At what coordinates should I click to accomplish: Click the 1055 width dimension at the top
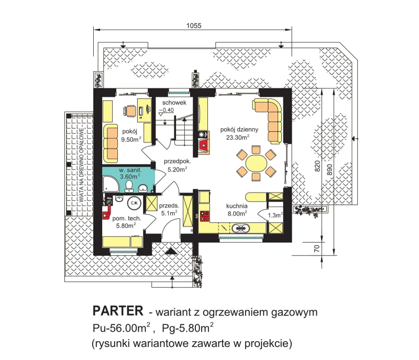click(x=194, y=26)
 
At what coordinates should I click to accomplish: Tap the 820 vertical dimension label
click(x=317, y=166)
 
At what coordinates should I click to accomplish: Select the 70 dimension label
click(x=317, y=249)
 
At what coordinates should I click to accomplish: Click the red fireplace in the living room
click(x=204, y=145)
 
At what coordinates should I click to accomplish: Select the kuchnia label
click(x=237, y=206)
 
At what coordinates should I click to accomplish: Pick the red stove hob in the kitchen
click(x=205, y=216)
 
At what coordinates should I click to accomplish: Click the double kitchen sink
click(x=241, y=228)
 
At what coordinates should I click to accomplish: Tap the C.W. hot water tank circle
click(x=134, y=203)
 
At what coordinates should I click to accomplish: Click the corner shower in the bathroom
click(x=111, y=184)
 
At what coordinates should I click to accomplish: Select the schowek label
click(x=174, y=103)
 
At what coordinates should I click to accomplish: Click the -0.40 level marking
click(x=166, y=110)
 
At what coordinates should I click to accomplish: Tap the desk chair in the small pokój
click(x=130, y=111)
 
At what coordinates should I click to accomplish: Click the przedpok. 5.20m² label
click(x=177, y=165)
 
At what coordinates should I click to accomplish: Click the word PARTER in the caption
click(x=118, y=311)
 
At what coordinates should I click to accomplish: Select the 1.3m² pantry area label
click(x=275, y=215)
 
